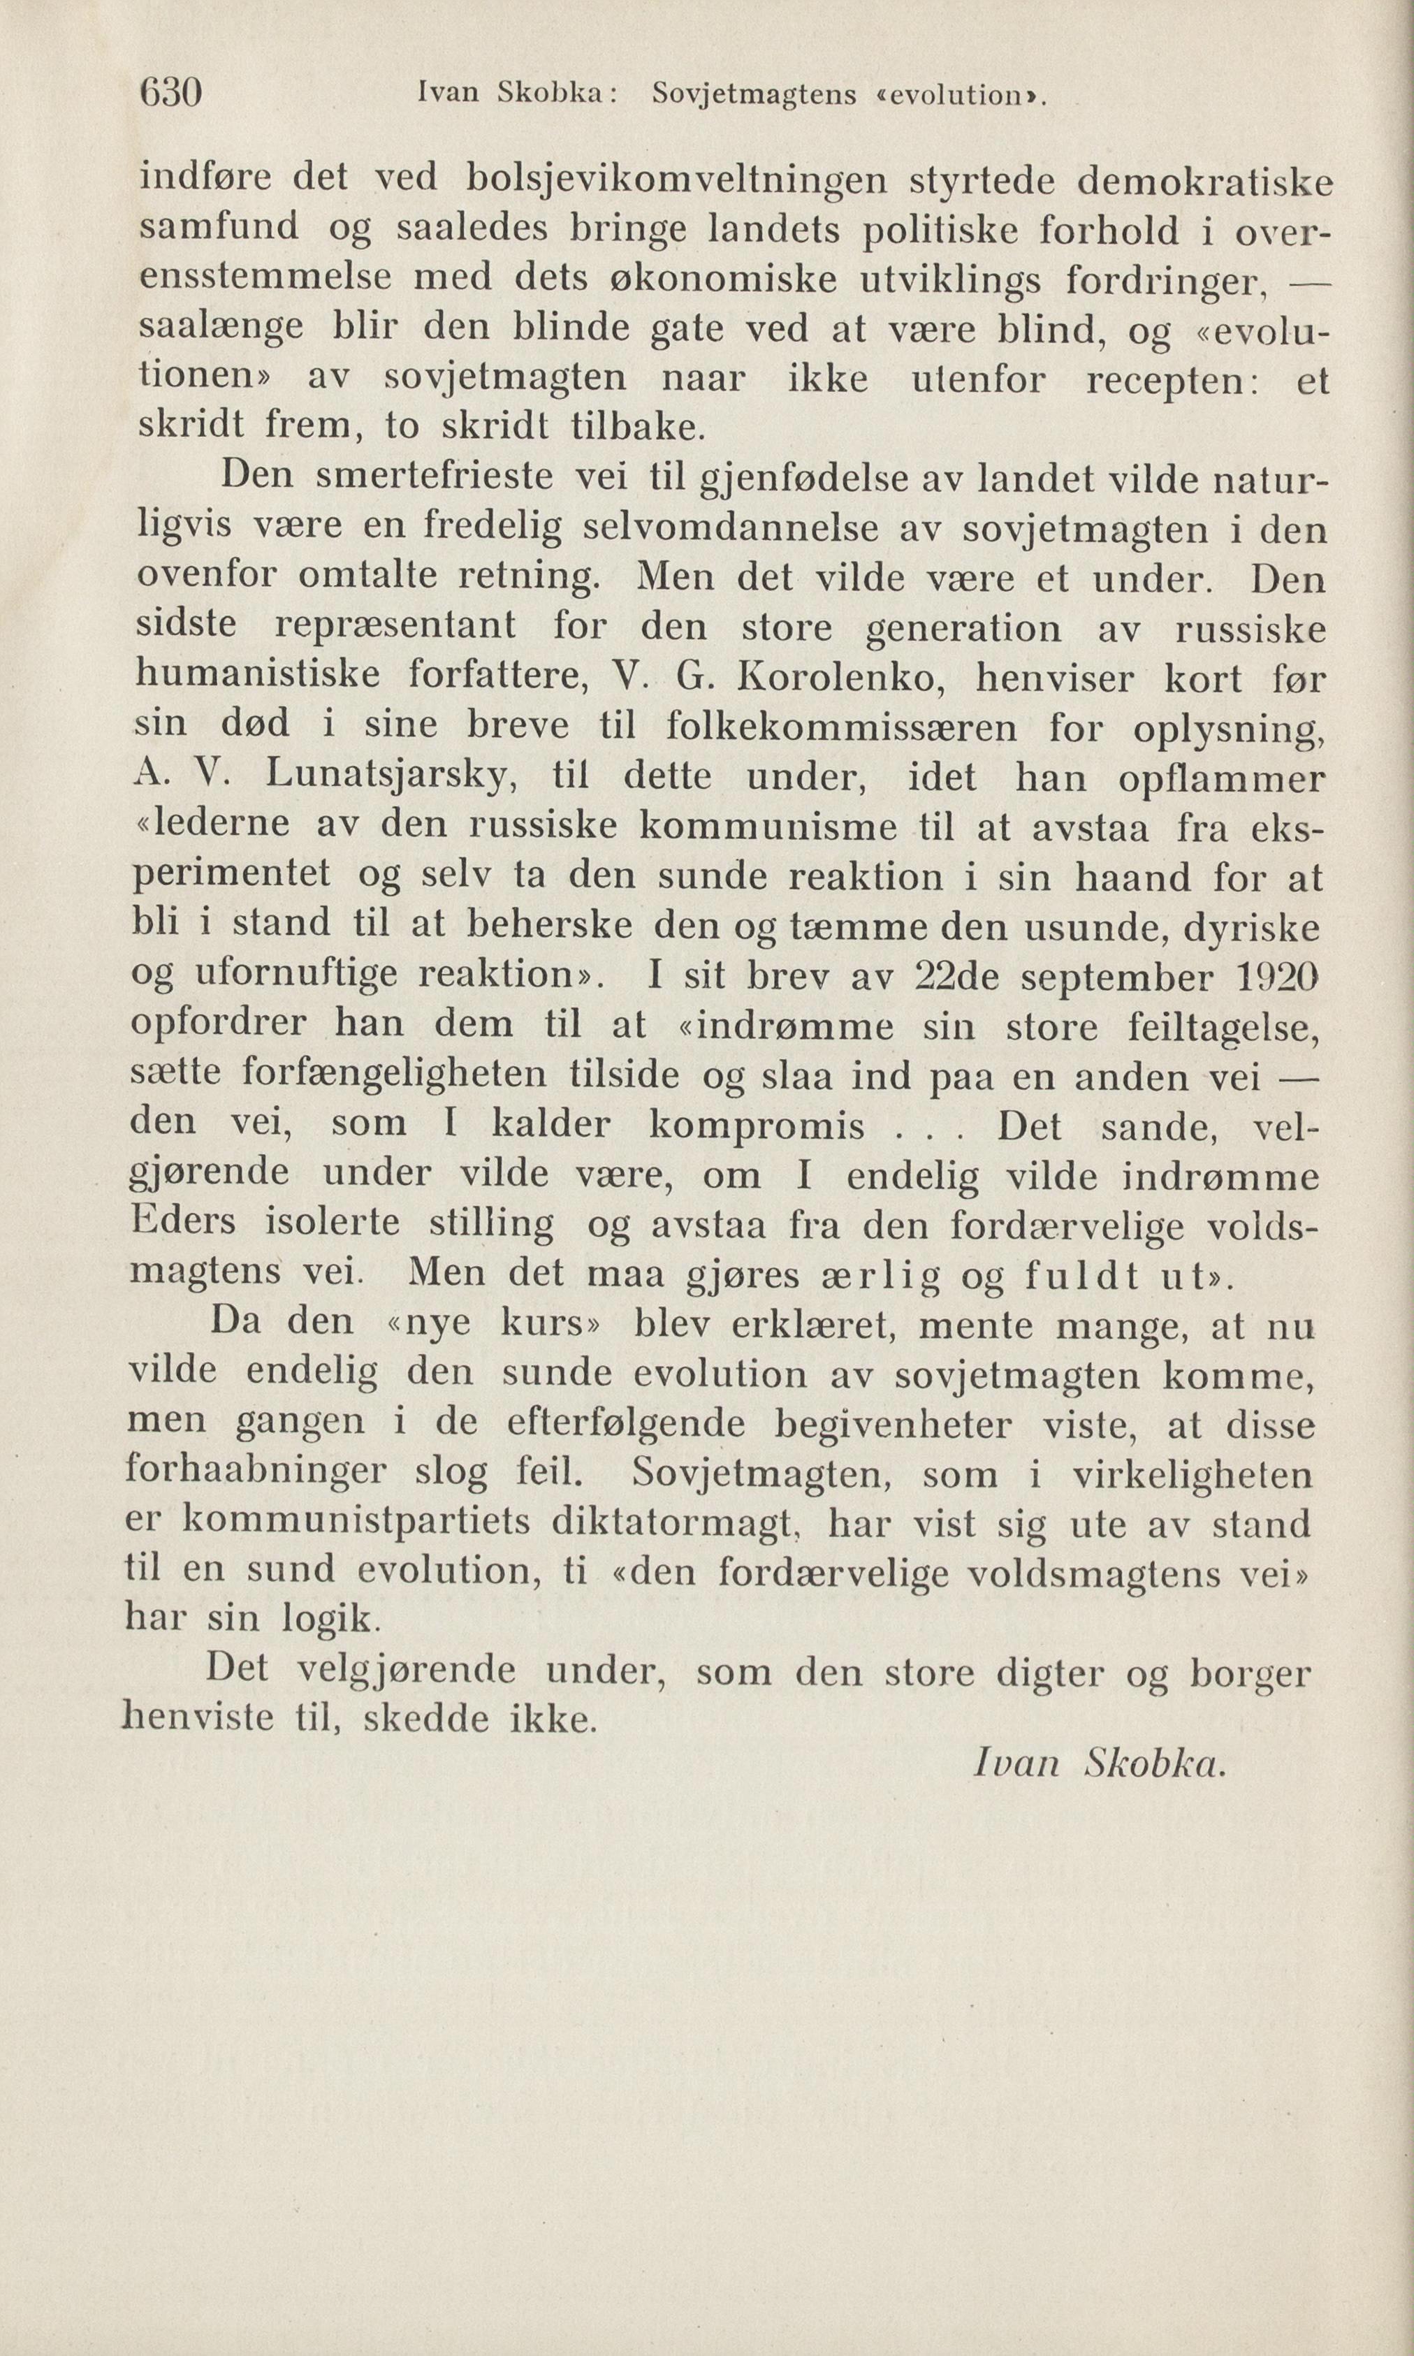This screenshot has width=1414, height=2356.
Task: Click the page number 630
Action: pos(170,94)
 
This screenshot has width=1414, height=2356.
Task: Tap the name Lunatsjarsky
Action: pos(391,778)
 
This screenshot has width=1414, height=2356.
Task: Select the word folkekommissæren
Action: pos(841,728)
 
